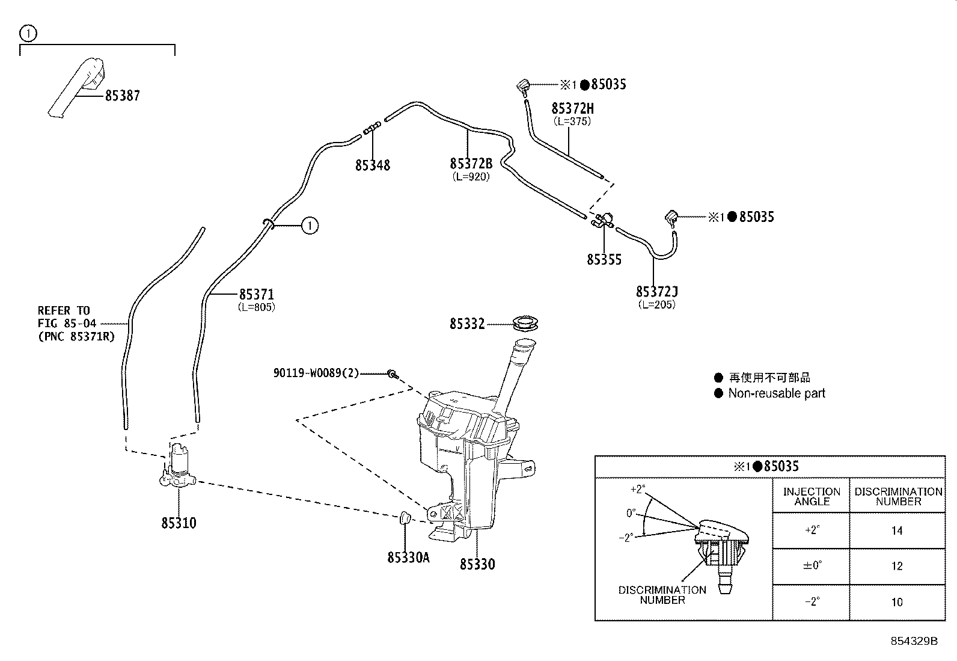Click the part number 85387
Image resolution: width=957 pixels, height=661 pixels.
122,96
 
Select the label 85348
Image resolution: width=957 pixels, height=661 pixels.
372,165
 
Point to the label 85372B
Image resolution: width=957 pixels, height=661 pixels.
471,164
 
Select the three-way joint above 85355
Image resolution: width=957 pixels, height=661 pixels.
604,221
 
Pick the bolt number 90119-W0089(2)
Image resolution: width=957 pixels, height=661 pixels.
316,373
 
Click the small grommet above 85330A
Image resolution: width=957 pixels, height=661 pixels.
405,516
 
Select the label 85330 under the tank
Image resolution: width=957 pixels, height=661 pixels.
477,564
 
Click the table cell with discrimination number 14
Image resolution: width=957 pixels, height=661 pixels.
897,530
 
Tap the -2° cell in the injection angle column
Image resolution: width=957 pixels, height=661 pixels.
811,602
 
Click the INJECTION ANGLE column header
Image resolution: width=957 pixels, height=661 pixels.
811,496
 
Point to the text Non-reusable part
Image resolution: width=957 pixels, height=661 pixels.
776,393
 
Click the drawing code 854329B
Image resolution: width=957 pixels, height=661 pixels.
914,641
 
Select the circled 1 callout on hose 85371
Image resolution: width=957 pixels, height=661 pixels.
309,226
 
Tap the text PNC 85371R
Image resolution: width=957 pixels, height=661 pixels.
84,337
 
